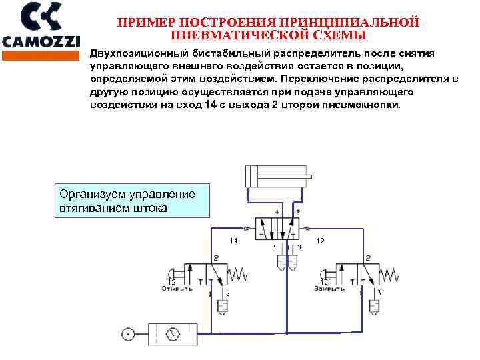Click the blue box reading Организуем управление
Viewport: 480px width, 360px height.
131,201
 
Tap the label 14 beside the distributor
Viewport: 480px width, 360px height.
234,240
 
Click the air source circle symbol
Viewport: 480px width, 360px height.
127,333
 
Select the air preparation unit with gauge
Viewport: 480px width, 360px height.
172,333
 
